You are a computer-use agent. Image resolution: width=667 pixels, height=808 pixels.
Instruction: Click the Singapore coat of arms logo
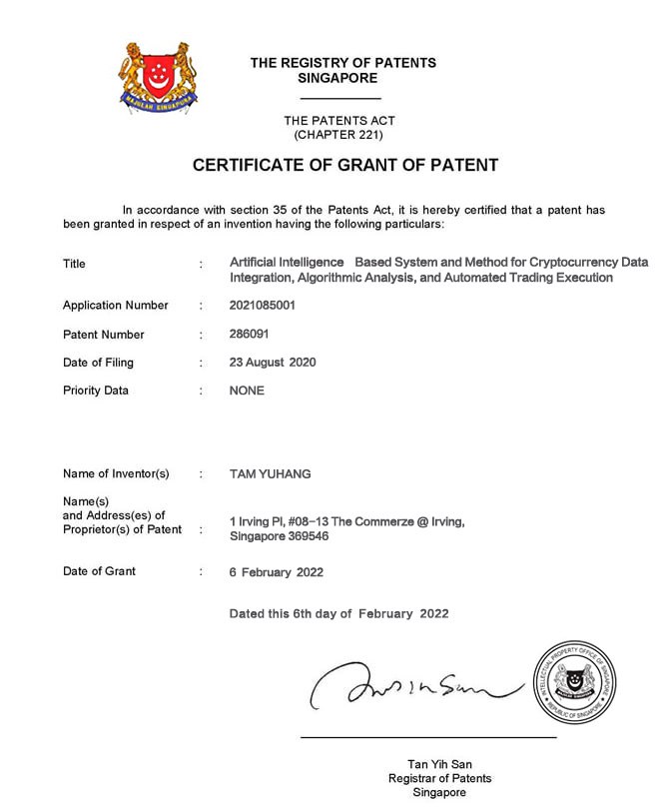pyautogui.click(x=159, y=76)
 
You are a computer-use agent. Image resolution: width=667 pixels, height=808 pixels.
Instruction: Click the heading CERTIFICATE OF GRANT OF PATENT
pyautogui.click(x=344, y=165)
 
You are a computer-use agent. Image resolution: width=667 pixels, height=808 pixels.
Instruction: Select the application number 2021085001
pyautogui.click(x=262, y=306)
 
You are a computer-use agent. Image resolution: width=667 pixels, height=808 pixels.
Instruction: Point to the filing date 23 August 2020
pyautogui.click(x=273, y=363)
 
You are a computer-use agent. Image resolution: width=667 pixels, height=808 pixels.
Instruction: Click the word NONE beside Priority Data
pyautogui.click(x=247, y=391)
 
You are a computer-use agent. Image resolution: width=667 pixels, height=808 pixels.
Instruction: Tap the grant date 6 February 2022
pyautogui.click(x=277, y=572)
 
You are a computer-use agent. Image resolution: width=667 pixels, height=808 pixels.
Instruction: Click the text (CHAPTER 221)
pyautogui.click(x=337, y=134)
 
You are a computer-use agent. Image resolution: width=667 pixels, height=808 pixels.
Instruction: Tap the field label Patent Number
pyautogui.click(x=103, y=335)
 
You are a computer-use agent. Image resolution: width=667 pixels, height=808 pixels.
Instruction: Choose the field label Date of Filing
pyautogui.click(x=98, y=363)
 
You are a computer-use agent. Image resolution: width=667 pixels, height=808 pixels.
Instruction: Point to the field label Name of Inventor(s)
pyautogui.click(x=116, y=473)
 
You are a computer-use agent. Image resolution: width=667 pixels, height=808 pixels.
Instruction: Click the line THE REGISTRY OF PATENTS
pyautogui.click(x=342, y=63)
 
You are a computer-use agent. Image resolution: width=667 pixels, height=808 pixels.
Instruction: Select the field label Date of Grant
pyautogui.click(x=99, y=571)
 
